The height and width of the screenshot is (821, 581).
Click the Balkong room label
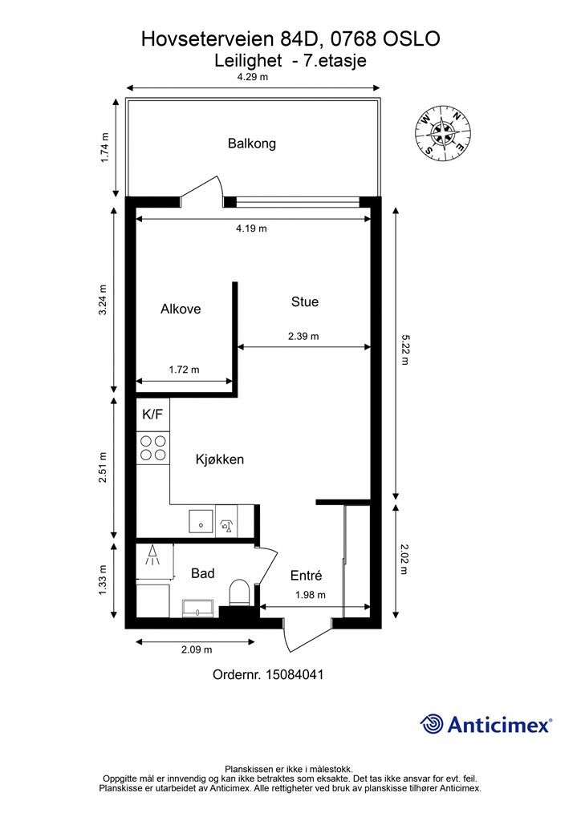click(251, 144)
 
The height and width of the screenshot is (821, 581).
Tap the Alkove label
click(181, 309)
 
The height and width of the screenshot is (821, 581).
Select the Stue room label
click(305, 301)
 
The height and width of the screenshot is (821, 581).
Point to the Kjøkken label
click(220, 459)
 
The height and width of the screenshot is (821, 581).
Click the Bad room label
click(203, 573)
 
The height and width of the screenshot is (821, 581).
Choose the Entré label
click(306, 576)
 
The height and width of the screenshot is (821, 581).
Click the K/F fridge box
click(152, 415)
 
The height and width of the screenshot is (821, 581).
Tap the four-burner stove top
click(152, 447)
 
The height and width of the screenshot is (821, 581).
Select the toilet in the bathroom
click(239, 592)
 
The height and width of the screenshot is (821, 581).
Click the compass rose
click(443, 133)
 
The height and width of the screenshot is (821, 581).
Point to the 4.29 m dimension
click(253, 77)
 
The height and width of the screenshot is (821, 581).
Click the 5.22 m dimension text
click(404, 350)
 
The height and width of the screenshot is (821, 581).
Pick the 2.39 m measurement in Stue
click(303, 336)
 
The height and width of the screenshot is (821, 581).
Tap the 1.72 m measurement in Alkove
click(184, 370)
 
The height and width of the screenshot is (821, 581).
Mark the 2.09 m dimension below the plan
click(197, 649)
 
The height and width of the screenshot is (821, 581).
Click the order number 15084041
click(295, 674)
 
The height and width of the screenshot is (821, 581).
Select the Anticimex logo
click(486, 724)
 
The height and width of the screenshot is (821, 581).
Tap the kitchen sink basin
click(201, 521)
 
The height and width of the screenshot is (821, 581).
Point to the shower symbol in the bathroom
click(153, 556)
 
